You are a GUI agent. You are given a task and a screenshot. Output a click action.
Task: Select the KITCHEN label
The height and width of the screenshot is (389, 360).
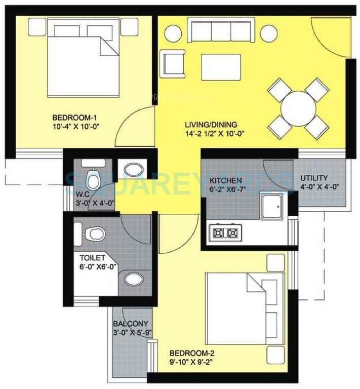pos(225,180)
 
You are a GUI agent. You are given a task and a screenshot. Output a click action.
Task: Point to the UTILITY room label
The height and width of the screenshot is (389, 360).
pos(314,178)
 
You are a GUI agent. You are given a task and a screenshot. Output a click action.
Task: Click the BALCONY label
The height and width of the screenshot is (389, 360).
pos(131,324)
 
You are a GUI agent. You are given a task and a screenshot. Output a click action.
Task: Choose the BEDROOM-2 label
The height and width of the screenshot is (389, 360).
pos(189,353)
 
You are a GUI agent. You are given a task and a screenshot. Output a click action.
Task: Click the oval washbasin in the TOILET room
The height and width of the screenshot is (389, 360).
pos(133,279)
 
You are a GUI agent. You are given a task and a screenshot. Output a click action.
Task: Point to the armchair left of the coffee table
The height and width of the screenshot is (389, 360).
pos(172,62)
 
